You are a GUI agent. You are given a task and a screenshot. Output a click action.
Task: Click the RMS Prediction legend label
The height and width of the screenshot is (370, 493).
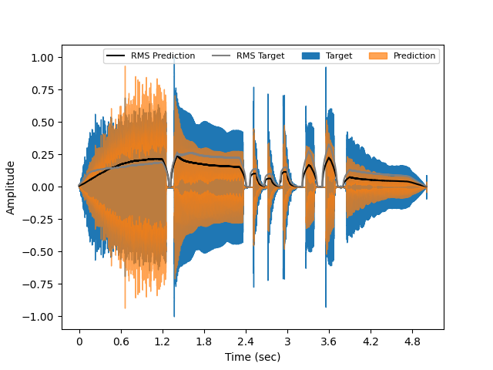click(x=163, y=55)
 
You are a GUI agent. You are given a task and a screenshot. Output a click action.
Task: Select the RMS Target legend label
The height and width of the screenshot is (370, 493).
click(x=260, y=55)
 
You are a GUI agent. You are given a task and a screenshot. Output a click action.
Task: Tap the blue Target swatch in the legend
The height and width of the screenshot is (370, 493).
click(x=310, y=55)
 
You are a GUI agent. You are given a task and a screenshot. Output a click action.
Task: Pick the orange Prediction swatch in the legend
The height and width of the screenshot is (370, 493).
click(x=379, y=55)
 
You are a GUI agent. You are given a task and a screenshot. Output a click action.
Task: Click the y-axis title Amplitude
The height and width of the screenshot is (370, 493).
click(x=11, y=187)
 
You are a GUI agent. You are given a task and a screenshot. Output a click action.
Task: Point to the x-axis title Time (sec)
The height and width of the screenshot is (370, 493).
click(x=253, y=357)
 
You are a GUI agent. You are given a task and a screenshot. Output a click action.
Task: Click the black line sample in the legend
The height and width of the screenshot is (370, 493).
click(x=116, y=55)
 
